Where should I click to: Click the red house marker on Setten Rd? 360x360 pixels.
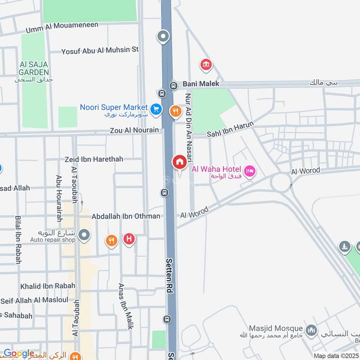pyautogui.click(x=179, y=162)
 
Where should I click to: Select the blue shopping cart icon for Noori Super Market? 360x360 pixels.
pyautogui.click(x=156, y=109)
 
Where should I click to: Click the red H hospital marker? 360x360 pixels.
pyautogui.click(x=129, y=239)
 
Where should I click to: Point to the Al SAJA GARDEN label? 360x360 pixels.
pyautogui.click(x=34, y=68)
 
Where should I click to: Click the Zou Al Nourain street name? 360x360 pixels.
pyautogui.click(x=135, y=130)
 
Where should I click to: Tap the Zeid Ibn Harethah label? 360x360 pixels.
pyautogui.click(x=94, y=159)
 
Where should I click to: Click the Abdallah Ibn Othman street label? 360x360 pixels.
pyautogui.click(x=126, y=216)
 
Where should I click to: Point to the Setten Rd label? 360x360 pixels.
pyautogui.click(x=170, y=276)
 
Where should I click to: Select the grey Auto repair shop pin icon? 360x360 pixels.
pyautogui.click(x=84, y=234)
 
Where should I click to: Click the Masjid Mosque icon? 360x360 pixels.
pyautogui.click(x=311, y=332)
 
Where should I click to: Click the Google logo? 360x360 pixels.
pyautogui.click(x=18, y=354)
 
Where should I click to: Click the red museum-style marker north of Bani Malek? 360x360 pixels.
pyautogui.click(x=206, y=65)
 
